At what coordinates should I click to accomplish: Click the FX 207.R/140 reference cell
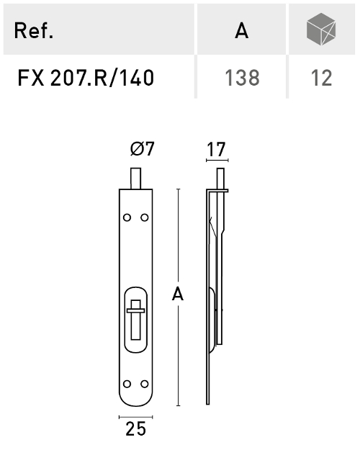pyautogui.click(x=86, y=77)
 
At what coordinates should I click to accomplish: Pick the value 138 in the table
pyautogui.click(x=241, y=77)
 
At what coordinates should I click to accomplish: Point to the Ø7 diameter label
pyautogui.click(x=143, y=149)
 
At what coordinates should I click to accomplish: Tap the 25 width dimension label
pyautogui.click(x=135, y=429)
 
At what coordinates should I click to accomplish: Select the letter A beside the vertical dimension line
pyautogui.click(x=176, y=294)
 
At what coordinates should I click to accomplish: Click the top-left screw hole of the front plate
pyautogui.click(x=127, y=217)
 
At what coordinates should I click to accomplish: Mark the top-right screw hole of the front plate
pyautogui.click(x=144, y=217)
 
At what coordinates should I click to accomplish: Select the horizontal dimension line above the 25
pyautogui.click(x=135, y=415)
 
